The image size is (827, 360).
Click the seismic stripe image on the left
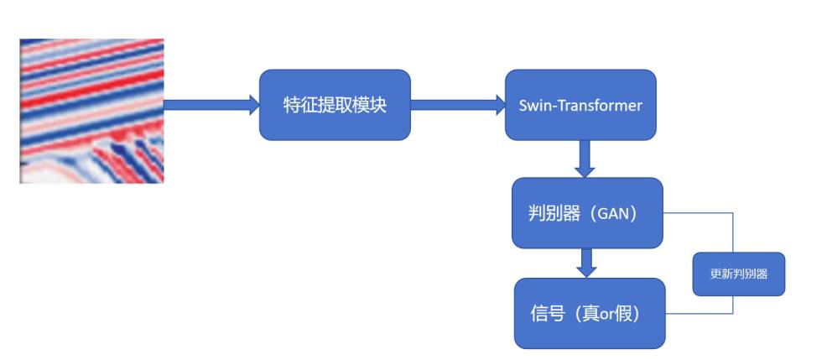91,111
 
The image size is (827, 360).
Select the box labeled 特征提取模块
335,105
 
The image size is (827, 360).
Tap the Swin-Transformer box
580,105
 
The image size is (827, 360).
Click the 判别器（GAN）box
587,213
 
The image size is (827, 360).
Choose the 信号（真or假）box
590,313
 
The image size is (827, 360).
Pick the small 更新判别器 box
738,274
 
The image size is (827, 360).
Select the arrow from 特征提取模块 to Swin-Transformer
458,105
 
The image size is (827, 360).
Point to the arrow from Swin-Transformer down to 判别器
585,158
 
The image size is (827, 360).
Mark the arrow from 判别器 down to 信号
587,263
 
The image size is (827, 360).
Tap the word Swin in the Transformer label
532,106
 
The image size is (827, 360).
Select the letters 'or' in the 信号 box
601,314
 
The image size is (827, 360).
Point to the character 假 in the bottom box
620,314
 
